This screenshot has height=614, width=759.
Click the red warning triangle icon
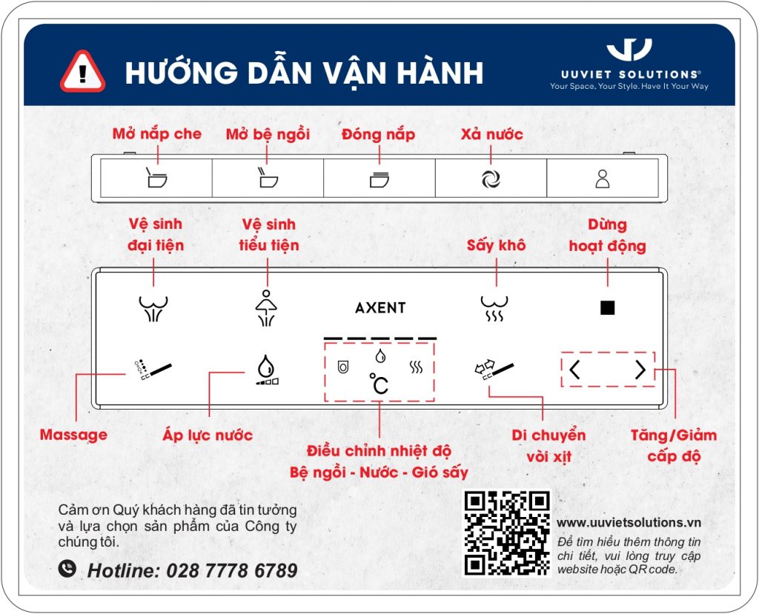(x=83, y=72)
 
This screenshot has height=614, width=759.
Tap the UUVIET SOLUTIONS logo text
(x=629, y=75)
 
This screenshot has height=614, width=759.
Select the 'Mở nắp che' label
(x=157, y=134)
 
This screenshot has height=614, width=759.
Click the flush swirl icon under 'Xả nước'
(x=491, y=178)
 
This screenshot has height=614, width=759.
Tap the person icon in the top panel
(x=603, y=178)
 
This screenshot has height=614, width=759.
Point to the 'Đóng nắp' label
(x=378, y=134)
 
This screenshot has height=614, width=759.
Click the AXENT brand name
(x=380, y=308)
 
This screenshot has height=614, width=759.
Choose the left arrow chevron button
(x=575, y=370)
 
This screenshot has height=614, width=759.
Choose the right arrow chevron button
(x=640, y=370)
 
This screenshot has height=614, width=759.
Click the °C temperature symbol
(x=379, y=384)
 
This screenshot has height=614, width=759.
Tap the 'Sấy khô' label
(x=496, y=245)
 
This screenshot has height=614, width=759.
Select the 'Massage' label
(x=73, y=435)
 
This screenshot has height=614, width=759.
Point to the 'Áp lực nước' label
(x=208, y=436)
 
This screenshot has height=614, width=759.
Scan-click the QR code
(x=508, y=533)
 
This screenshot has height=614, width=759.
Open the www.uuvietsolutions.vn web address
(x=629, y=523)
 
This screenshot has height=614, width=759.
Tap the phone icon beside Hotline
(x=68, y=569)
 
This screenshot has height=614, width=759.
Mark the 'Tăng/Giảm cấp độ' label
(x=674, y=445)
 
